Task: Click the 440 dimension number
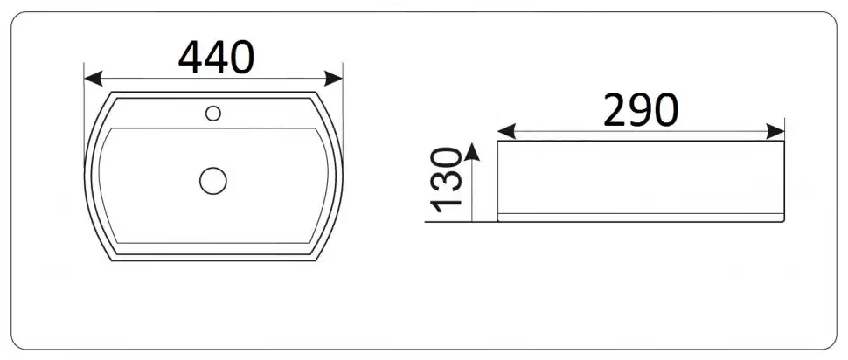216,58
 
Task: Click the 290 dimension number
640,110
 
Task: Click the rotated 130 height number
447,179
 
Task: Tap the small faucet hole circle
213,113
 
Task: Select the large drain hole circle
213,181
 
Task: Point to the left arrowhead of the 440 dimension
93,79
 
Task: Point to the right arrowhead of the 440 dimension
334,79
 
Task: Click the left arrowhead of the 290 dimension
506,131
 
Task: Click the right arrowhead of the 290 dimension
775,131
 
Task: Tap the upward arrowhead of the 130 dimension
472,152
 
